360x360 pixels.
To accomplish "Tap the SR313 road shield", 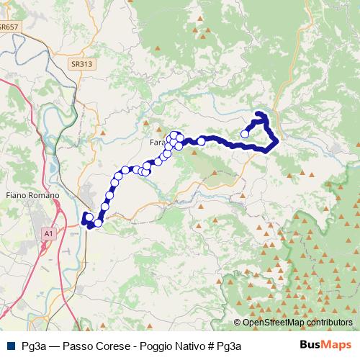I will click(82, 64).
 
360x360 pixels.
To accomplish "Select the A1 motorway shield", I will click(48, 234).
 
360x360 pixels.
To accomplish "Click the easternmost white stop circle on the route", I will click(245, 133).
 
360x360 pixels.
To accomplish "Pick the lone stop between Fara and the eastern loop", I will click(202, 141).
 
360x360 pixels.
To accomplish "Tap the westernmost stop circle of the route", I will click(89, 216).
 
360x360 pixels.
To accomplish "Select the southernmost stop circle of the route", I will click(98, 223).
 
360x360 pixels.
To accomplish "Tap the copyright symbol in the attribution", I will click(238, 322).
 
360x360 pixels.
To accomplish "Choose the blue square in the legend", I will click(10, 345).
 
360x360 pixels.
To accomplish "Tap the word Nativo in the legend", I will click(190, 345).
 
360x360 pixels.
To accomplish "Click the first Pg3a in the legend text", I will click(34, 345).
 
